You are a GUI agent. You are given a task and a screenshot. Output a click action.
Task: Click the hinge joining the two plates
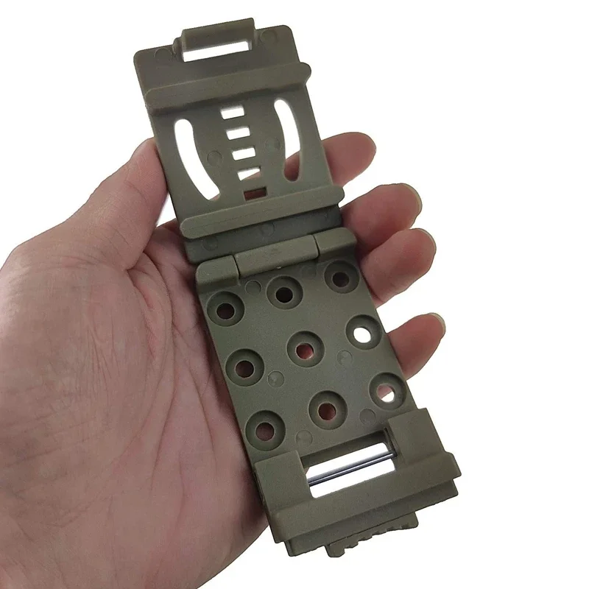pyautogui.click(x=274, y=254)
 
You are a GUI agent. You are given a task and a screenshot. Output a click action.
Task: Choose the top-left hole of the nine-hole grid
pyautogui.click(x=228, y=306)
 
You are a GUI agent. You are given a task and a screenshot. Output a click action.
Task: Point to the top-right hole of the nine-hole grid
pyautogui.click(x=340, y=278)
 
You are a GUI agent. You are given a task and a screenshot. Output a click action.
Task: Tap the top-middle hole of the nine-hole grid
pyautogui.click(x=283, y=292)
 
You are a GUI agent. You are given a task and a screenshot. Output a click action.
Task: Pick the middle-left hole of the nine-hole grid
pyautogui.click(x=245, y=366)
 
